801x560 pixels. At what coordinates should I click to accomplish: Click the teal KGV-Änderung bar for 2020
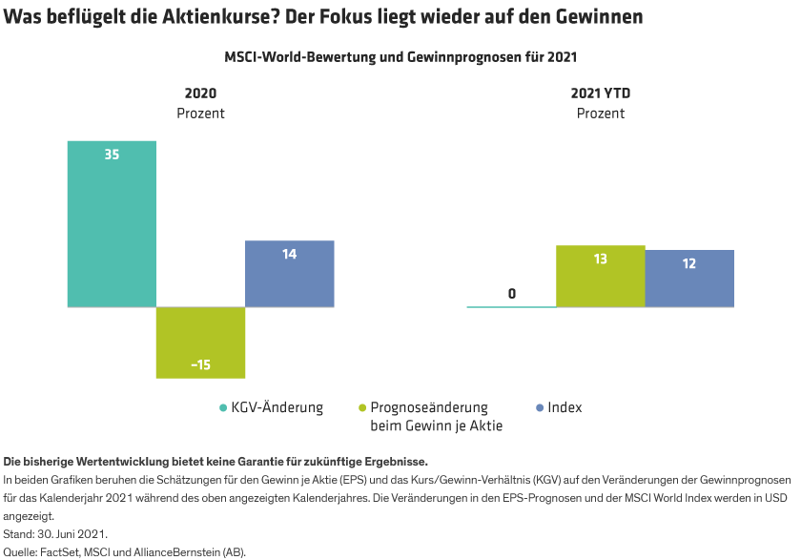coord(111,224)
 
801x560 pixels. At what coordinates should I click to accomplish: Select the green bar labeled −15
coord(200,342)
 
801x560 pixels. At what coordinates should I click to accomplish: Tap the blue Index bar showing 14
coord(290,274)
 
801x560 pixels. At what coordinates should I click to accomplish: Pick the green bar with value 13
coord(600,277)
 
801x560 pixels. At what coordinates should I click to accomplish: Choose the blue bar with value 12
coord(689,279)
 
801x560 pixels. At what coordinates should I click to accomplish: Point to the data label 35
coord(112,154)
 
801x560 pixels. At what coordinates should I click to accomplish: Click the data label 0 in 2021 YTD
coord(512,293)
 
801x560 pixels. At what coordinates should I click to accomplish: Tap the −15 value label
coord(200,364)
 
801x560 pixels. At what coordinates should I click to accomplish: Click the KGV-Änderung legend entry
coord(277,407)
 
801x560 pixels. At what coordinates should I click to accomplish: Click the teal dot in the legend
coord(223,408)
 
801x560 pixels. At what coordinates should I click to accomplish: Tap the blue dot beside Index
coord(540,408)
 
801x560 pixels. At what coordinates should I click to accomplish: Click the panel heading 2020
coord(200,93)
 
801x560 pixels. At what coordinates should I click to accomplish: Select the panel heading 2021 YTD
coord(601,93)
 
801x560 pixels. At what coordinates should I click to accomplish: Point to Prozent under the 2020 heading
coord(200,113)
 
